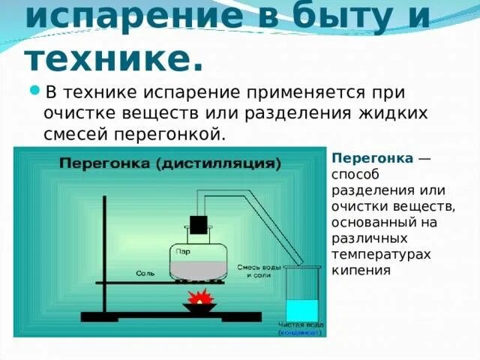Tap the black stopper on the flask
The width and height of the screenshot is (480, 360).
pyautogui.click(x=198, y=224)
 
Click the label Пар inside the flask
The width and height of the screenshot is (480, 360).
pyautogui.click(x=184, y=253)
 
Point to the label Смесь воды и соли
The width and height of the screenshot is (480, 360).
pyautogui.click(x=253, y=271)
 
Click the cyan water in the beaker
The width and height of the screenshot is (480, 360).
pyautogui.click(x=301, y=310)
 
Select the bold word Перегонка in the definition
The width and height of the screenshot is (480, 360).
pyautogui.click(x=373, y=159)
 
